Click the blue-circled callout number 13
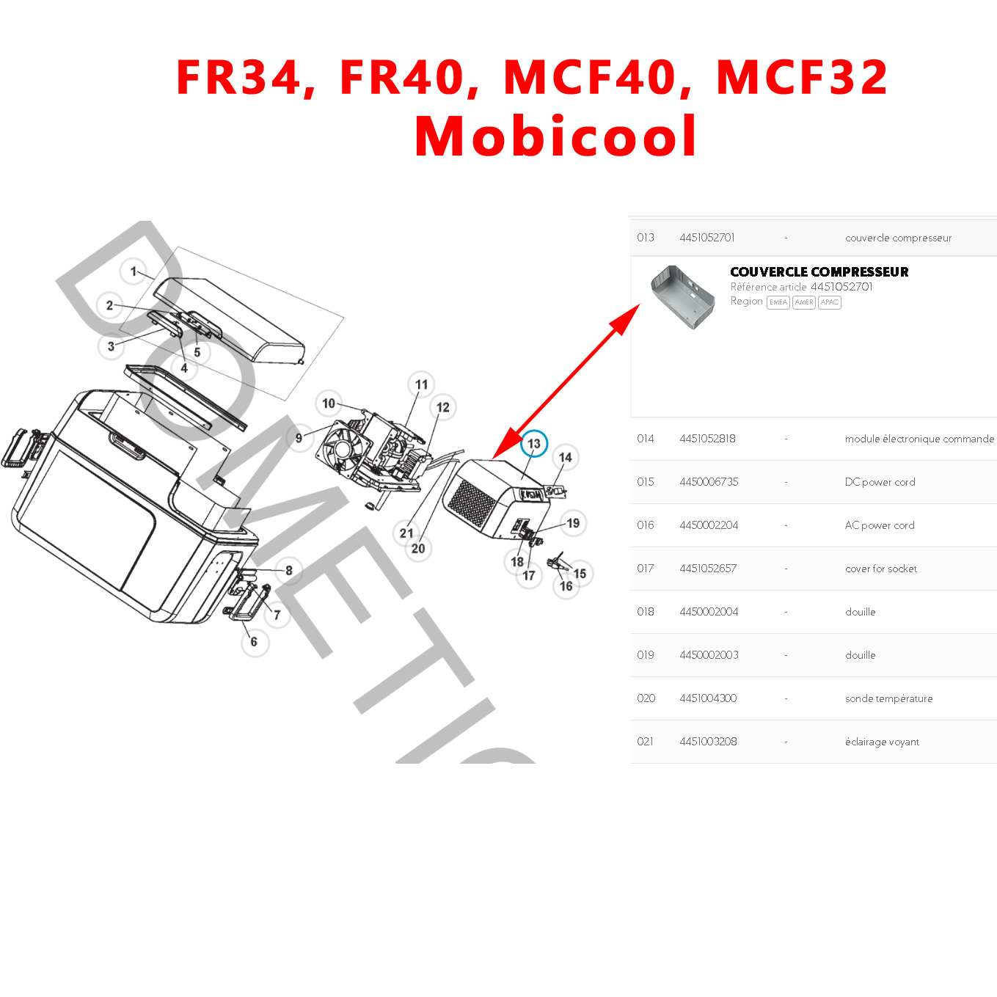pos(534,444)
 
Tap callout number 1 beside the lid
pos(134,271)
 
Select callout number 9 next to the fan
pos(299,438)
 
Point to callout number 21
pos(406,533)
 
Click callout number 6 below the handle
pos(254,642)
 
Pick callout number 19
pos(573,523)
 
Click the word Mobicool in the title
pos(555,136)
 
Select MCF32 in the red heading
pos(802,77)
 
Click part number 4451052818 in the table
pos(707,439)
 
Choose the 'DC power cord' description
pos(880,482)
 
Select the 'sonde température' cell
pos(888,698)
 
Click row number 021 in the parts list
pos(646,742)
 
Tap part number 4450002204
pos(709,525)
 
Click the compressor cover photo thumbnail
pos(682,296)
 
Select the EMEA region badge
pos(778,302)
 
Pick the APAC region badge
pos(829,302)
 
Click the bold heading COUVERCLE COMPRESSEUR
pos(819,272)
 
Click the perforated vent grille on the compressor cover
pos(472,503)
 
